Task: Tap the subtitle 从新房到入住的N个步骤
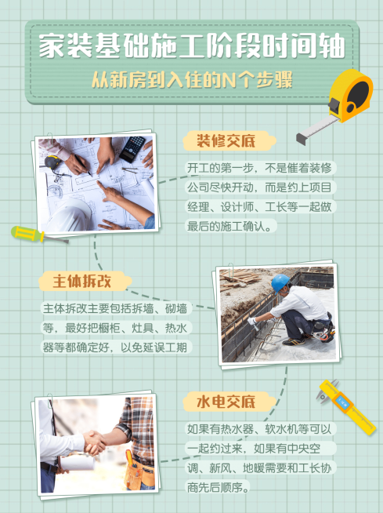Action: click(x=191, y=81)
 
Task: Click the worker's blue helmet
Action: click(x=280, y=282)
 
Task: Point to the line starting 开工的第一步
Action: click(x=258, y=168)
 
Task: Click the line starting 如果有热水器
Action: click(x=259, y=429)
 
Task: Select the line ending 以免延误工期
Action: click(x=116, y=347)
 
